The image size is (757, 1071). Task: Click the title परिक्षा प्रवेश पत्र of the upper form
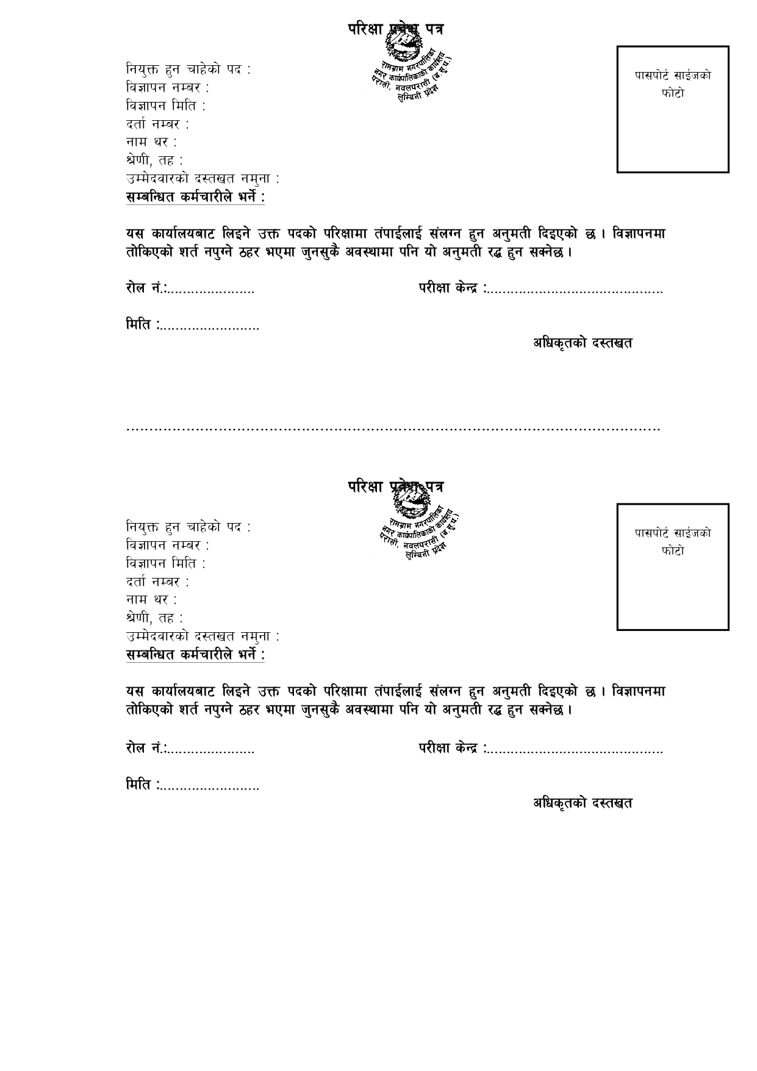click(395, 29)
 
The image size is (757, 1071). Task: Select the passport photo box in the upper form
click(672, 109)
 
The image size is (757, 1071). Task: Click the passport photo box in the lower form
click(672, 566)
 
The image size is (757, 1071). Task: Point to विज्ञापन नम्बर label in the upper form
click(167, 88)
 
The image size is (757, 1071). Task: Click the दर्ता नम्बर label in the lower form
click(157, 582)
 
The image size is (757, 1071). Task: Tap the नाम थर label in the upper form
click(151, 143)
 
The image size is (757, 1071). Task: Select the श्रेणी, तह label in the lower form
click(154, 618)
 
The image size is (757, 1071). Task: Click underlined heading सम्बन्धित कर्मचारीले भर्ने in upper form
click(195, 198)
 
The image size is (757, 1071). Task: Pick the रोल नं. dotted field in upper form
click(211, 289)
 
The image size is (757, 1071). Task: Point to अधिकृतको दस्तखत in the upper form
click(583, 343)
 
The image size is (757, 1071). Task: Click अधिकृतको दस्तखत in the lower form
click(583, 802)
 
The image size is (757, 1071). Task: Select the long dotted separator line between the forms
click(393, 429)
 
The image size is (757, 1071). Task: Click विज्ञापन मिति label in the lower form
click(165, 563)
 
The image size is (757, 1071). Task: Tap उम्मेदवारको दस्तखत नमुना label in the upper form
click(202, 179)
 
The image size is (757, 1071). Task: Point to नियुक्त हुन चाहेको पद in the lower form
click(187, 527)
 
